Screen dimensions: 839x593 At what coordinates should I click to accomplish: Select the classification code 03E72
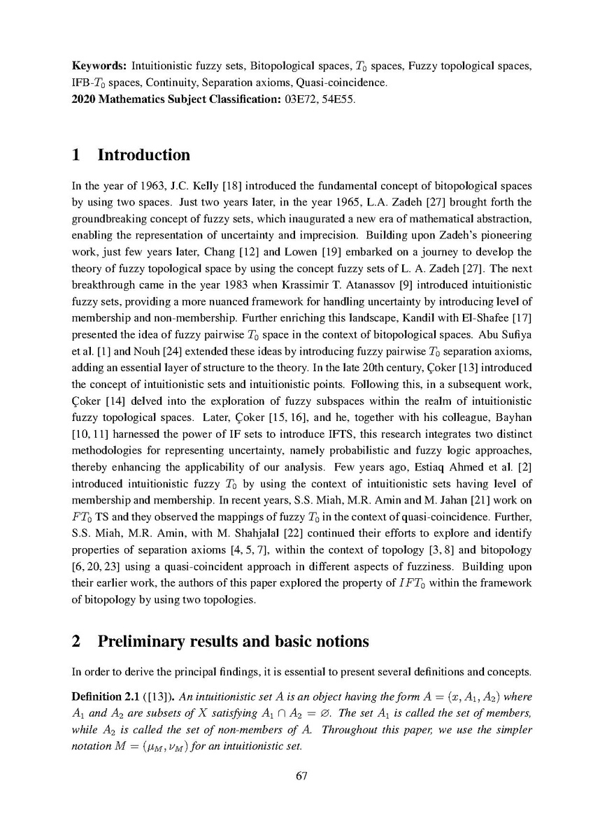pos(299,99)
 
